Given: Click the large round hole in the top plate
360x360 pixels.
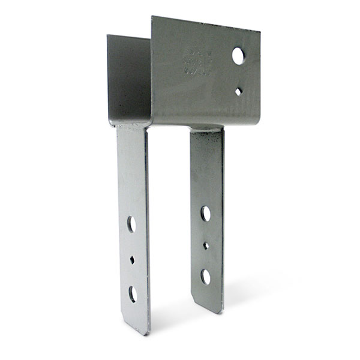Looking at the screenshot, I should point(239,56).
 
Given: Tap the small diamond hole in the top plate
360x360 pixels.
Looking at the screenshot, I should point(239,91).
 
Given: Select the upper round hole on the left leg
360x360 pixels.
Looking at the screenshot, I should point(131,224).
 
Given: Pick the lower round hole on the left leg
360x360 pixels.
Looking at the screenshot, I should point(132,294).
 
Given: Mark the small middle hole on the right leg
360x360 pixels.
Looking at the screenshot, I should point(206,245).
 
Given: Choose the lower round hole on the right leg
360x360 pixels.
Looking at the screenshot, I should point(206,277).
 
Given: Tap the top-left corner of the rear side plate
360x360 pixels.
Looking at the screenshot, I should point(108,35).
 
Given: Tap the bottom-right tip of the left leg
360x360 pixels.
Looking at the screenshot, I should point(146,334).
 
